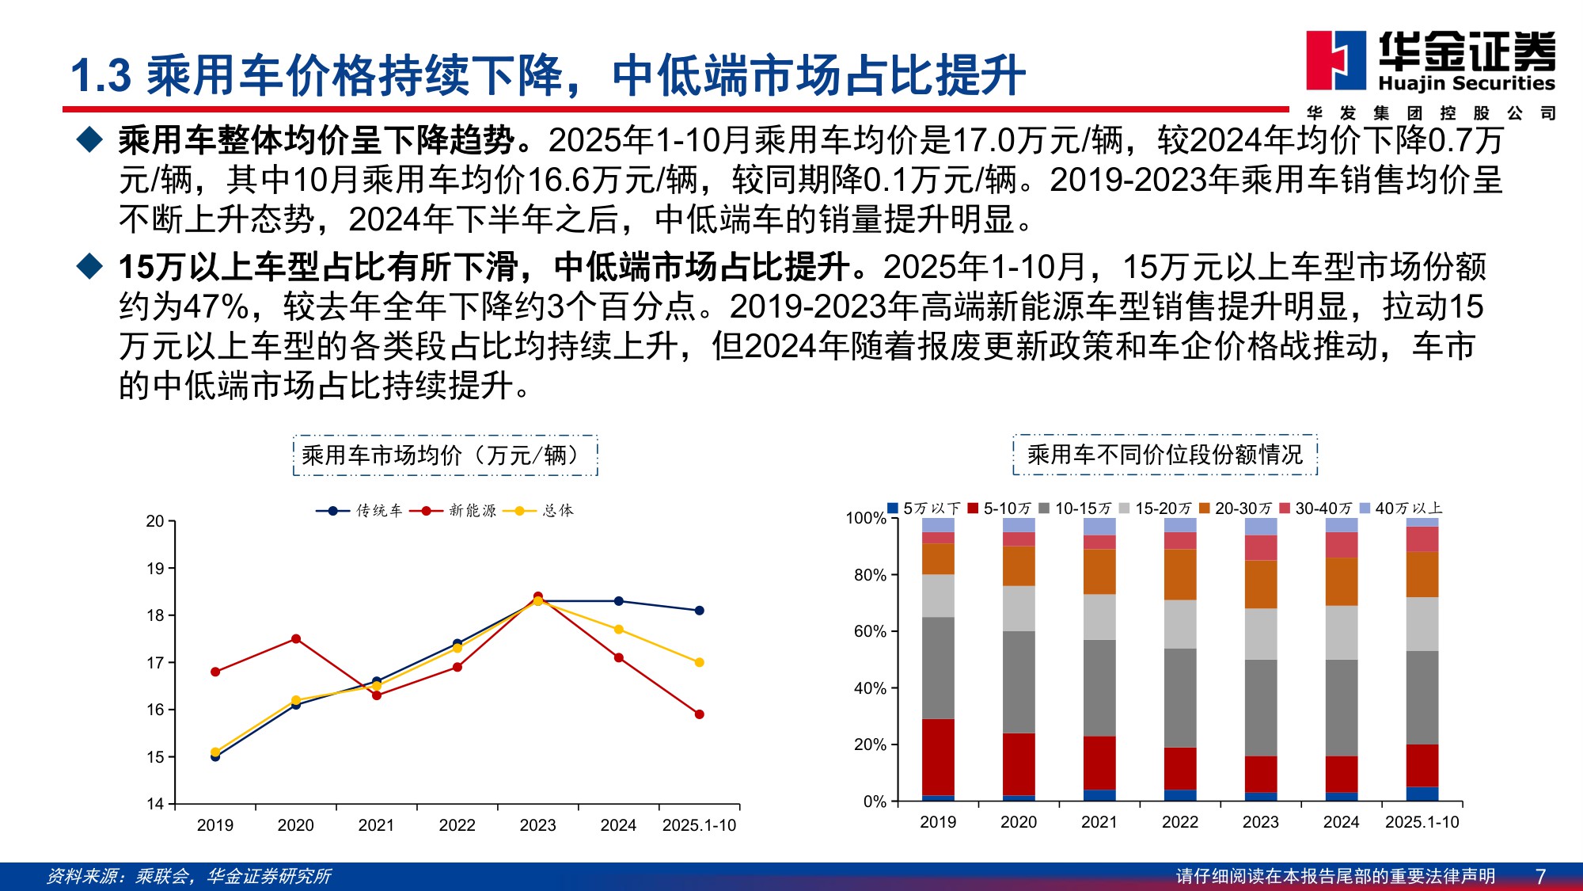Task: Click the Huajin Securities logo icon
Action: pyautogui.click(x=1335, y=60)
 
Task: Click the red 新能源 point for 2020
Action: pyautogui.click(x=296, y=639)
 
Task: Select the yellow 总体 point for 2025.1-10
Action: pyautogui.click(x=699, y=662)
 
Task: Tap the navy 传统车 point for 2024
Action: pyautogui.click(x=618, y=601)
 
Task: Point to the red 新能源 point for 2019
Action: pyautogui.click(x=215, y=672)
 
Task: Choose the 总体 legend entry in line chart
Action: pyautogui.click(x=545, y=511)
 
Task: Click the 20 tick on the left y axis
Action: pyautogui.click(x=155, y=521)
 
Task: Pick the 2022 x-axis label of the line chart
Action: pyautogui.click(x=457, y=825)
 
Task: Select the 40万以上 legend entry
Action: pyautogui.click(x=1402, y=508)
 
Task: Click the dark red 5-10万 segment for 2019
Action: pyautogui.click(x=938, y=756)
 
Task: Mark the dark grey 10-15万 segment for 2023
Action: pyautogui.click(x=1261, y=707)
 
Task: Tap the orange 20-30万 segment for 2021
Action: pyautogui.click(x=1099, y=572)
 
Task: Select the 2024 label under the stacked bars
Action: pyautogui.click(x=1341, y=822)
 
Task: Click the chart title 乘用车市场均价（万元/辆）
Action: pyautogui.click(x=445, y=455)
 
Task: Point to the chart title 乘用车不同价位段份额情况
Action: pyautogui.click(x=1165, y=455)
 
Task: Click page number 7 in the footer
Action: pyautogui.click(x=1540, y=876)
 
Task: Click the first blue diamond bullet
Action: pyautogui.click(x=89, y=140)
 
